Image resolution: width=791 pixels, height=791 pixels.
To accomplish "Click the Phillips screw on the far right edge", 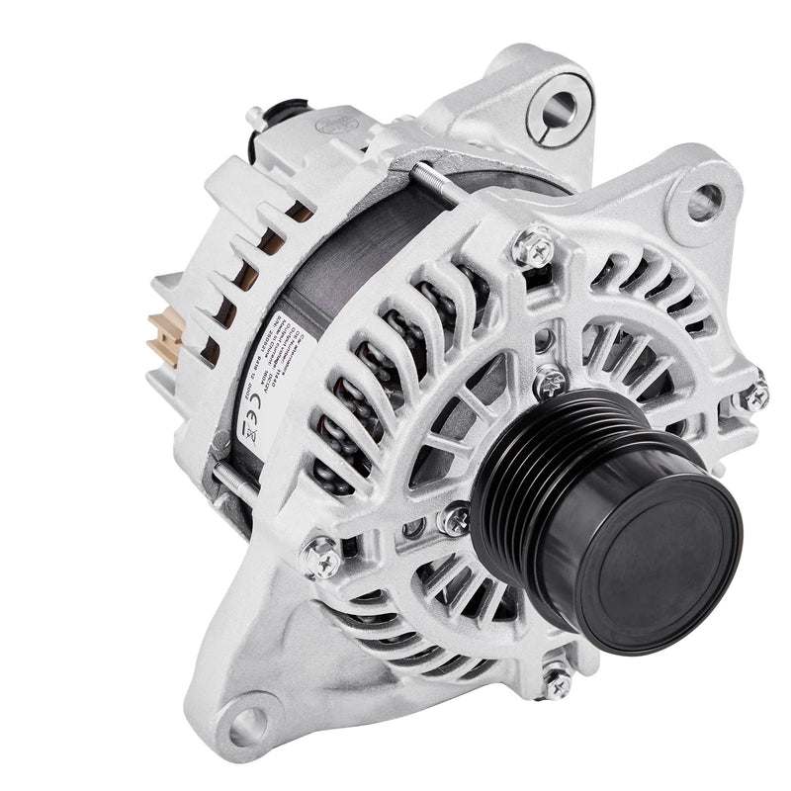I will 754,395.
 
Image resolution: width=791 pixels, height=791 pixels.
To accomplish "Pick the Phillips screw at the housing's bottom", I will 556,680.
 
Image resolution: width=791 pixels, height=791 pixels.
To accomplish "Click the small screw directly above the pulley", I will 549,382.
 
